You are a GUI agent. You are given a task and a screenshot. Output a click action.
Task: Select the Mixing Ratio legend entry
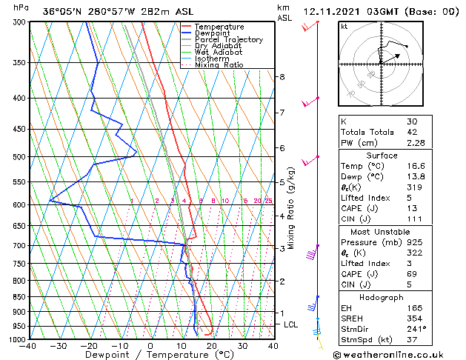219,65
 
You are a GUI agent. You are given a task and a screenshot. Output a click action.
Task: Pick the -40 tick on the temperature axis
28,346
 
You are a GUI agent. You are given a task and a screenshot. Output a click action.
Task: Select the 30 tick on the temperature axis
242,346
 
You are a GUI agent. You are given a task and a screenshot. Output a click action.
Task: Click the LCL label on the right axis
292,324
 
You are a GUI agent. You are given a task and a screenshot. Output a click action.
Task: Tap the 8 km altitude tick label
282,77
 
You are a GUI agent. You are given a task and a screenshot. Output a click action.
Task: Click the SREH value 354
415,319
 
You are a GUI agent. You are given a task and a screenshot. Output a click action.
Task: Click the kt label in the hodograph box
344,26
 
